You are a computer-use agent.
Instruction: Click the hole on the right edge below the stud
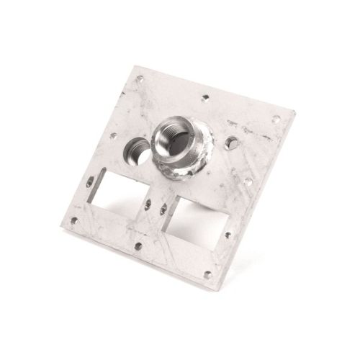click(248, 181)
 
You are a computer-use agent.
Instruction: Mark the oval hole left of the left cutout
click(89, 182)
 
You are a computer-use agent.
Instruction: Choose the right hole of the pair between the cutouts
click(164, 210)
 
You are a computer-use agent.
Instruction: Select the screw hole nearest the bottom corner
click(207, 274)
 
